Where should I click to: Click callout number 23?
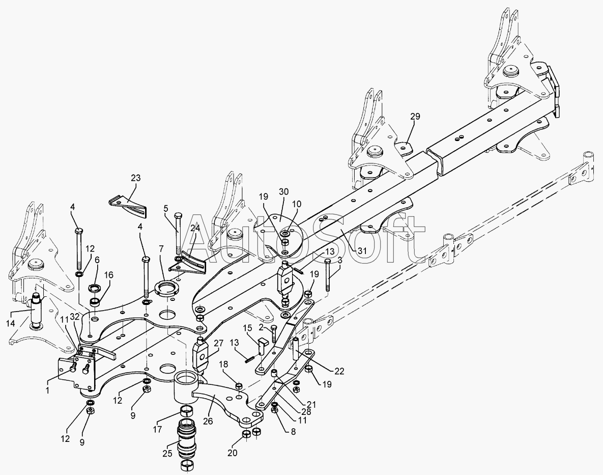(135, 178)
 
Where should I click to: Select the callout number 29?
(415, 117)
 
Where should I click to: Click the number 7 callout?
(161, 249)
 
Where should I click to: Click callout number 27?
(218, 343)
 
